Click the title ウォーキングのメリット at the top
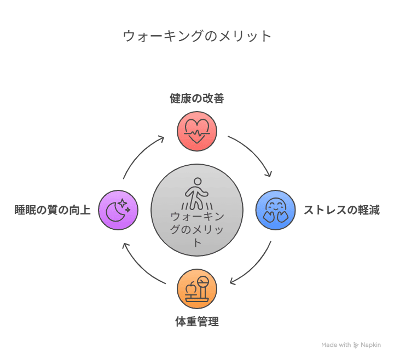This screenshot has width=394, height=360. point(197,36)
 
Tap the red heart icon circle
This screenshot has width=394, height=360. point(197,131)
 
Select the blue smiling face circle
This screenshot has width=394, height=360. point(276,210)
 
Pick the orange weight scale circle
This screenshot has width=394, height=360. point(197,289)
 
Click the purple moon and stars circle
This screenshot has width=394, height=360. point(118,210)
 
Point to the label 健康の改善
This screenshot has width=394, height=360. point(197,98)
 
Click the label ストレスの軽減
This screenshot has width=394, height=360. point(341,210)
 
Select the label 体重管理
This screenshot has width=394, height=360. point(197,322)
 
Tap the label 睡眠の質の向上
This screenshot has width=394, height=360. point(53,210)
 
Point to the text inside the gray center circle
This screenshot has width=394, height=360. point(197,229)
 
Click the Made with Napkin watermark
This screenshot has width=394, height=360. point(351,345)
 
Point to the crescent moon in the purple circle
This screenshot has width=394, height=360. point(115,212)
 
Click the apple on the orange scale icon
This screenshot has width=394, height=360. point(190,288)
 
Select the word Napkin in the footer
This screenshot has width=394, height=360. point(370,345)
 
